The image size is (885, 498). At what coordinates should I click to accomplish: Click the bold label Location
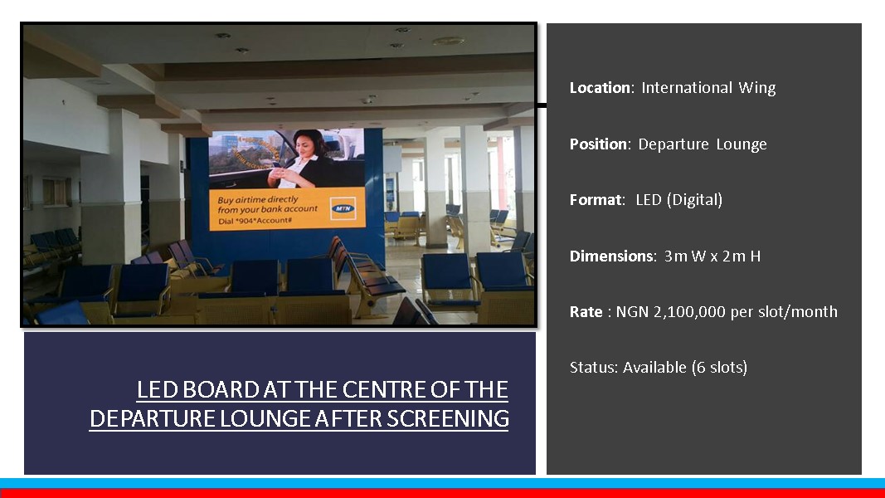click(600, 87)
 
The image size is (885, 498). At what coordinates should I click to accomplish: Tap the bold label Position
click(598, 144)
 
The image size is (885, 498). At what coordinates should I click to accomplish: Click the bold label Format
click(596, 200)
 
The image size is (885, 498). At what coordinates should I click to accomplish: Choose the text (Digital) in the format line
click(694, 200)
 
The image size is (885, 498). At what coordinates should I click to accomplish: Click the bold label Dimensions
click(612, 256)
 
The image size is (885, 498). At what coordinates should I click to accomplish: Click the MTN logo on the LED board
click(343, 208)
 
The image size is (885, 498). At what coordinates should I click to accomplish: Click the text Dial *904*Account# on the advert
click(255, 221)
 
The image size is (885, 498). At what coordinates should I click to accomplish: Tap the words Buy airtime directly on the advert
click(258, 199)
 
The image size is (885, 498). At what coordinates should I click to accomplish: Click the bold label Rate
click(586, 312)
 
